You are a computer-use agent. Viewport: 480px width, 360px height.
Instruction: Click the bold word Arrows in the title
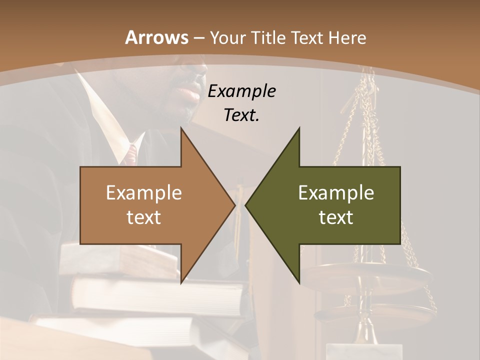156,37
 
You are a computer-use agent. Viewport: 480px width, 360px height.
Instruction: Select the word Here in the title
348,37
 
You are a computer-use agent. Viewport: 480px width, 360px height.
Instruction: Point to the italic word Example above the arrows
241,91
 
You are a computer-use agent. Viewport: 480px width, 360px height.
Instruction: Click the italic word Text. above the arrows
241,115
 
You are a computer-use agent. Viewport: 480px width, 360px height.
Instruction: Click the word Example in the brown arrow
144,192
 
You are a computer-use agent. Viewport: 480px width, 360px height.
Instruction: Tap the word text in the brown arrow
144,217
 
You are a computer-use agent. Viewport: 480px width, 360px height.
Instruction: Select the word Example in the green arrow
336,192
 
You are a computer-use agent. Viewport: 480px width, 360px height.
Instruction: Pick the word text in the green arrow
336,217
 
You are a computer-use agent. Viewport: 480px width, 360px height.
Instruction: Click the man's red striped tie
130,154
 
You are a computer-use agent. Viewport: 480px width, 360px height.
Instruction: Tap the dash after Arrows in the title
198,38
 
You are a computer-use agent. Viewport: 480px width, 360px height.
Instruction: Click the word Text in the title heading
304,37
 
